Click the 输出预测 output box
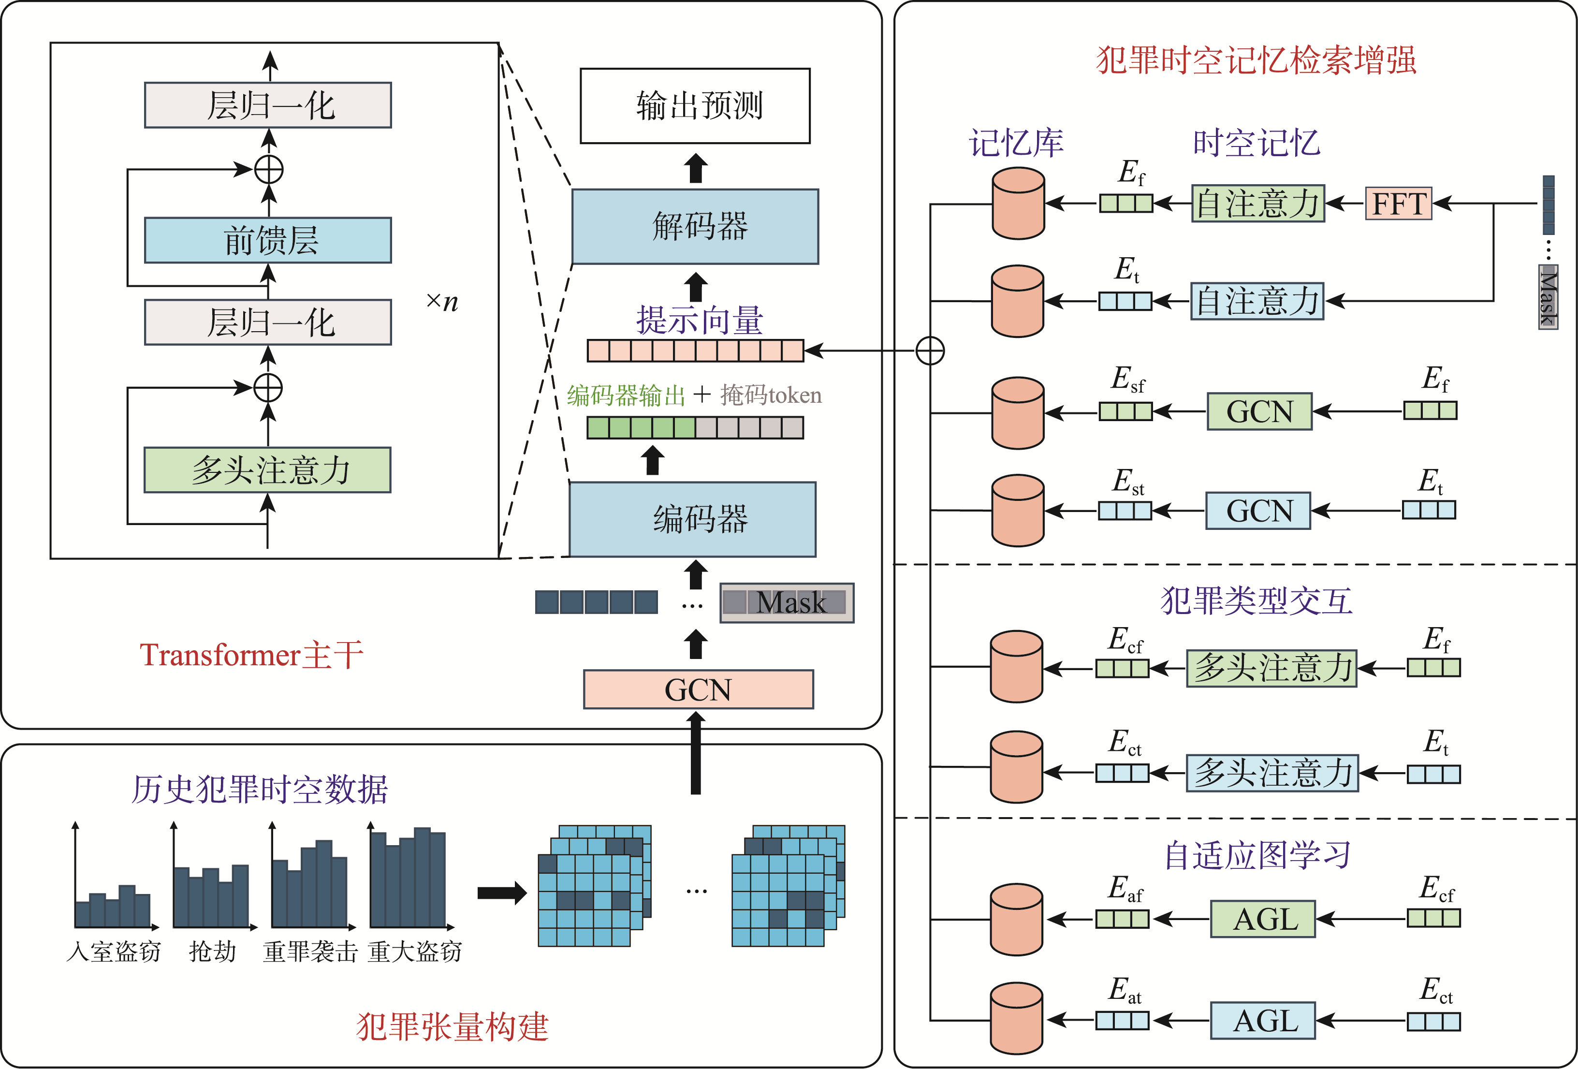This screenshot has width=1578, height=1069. [x=695, y=106]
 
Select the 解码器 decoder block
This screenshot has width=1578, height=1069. [x=695, y=226]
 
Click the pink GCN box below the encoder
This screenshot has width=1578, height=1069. [x=698, y=689]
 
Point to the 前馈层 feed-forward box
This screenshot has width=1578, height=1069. [x=268, y=240]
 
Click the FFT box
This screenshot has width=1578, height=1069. [x=1398, y=203]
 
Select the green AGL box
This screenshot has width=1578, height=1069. [x=1262, y=919]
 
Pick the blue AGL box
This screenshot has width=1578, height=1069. [x=1262, y=1020]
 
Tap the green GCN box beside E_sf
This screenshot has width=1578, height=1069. [x=1259, y=411]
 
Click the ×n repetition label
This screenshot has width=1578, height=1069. [x=442, y=302]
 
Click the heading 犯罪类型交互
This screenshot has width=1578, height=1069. [x=1256, y=601]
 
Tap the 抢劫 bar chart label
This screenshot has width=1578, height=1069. [x=213, y=952]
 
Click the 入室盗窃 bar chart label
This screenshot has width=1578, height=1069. [x=114, y=952]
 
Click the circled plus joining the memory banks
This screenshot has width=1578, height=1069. [x=930, y=351]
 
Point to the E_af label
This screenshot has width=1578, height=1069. [x=1125, y=888]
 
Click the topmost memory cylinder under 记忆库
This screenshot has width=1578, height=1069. [x=1018, y=204]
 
